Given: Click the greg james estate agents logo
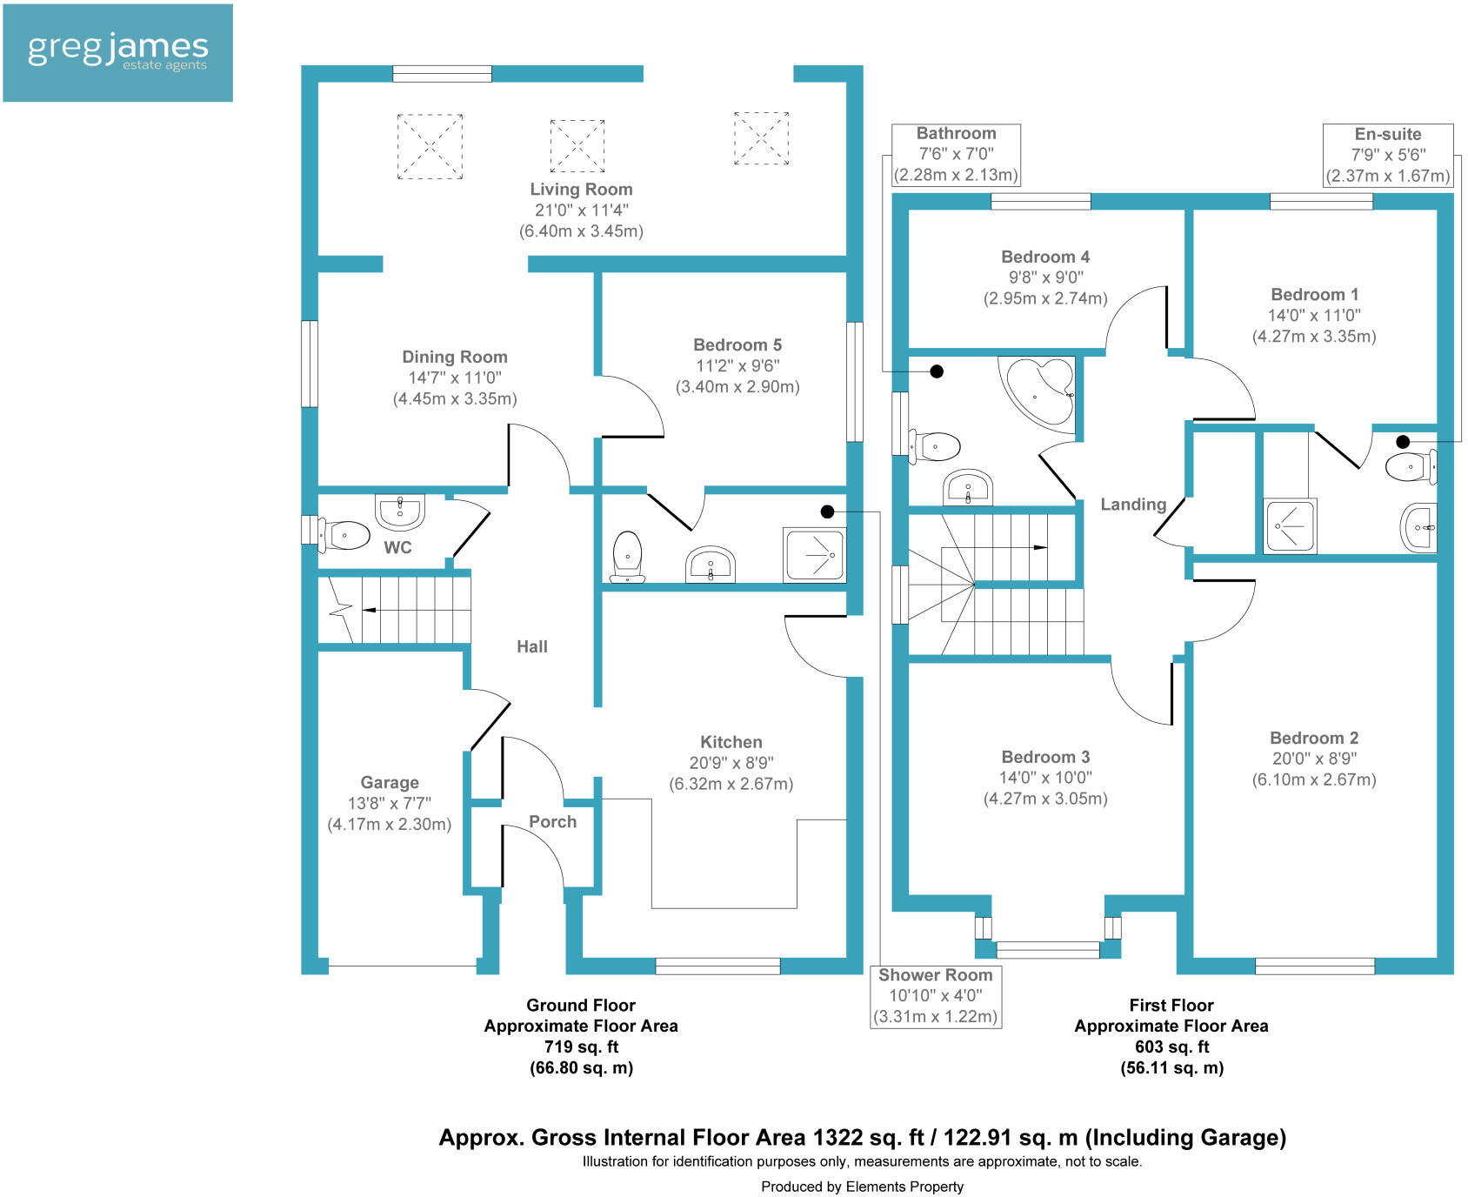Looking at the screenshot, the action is click(x=117, y=52).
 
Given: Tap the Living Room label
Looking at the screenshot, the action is click(x=581, y=190).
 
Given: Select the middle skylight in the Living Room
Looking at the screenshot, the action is click(x=577, y=145).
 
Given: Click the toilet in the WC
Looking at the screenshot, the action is click(x=343, y=534).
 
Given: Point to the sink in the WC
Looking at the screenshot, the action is click(x=399, y=511).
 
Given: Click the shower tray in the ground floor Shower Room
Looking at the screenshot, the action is click(x=815, y=554).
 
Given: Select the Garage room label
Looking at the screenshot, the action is click(x=390, y=783).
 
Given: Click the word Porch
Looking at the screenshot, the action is click(x=552, y=822).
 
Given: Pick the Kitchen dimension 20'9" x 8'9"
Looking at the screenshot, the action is click(x=731, y=763).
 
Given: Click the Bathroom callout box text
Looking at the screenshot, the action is click(x=956, y=154).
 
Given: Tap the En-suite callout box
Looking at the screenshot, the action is click(x=1387, y=155).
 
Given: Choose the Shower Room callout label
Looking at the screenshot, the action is click(x=935, y=996).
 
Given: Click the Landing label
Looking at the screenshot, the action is click(x=1133, y=505).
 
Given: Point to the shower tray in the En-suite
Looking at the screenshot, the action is click(x=1290, y=526).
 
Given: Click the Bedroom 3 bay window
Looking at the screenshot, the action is click(x=1047, y=949).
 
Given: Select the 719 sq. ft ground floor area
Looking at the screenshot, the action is click(x=581, y=1047).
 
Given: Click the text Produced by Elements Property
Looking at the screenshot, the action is click(x=862, y=1187).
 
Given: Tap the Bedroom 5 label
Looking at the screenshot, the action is click(x=737, y=345).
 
